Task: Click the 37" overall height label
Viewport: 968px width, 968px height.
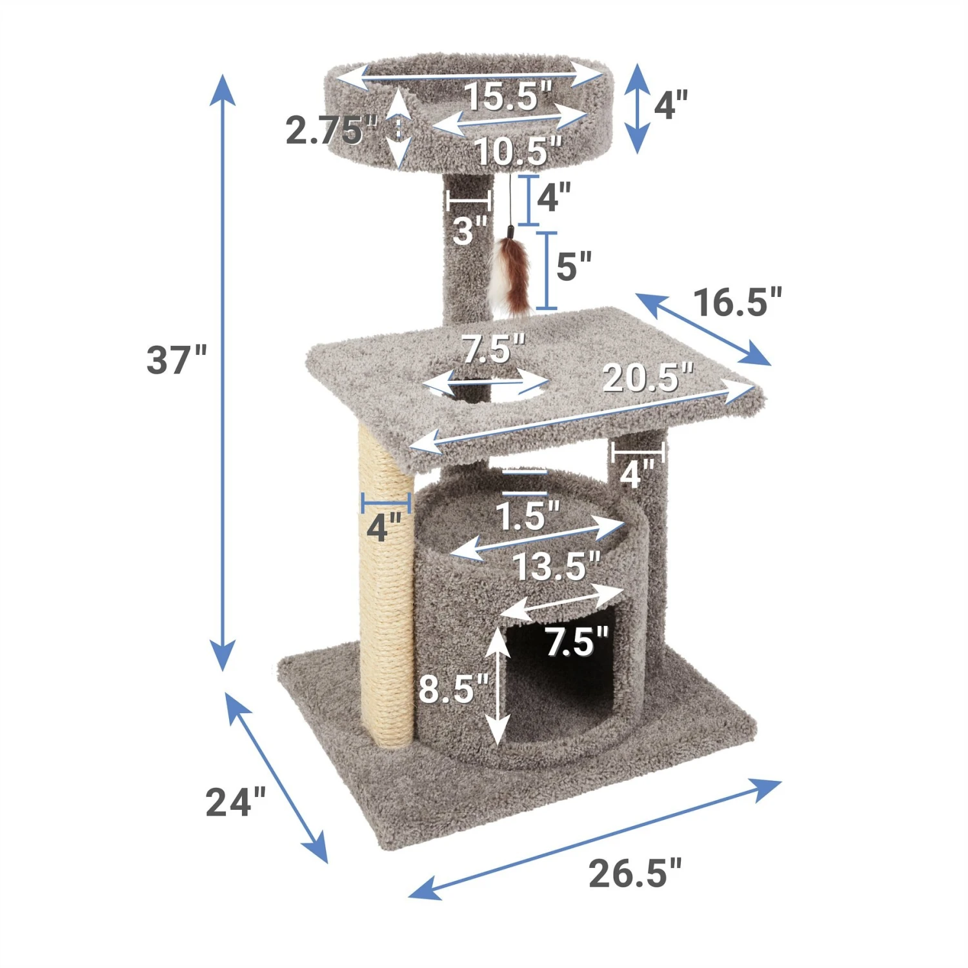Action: pos(176,360)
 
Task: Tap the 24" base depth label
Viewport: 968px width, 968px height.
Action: pos(235,802)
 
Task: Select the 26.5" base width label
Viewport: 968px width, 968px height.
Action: pos(634,873)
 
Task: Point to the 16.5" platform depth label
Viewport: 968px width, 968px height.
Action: pos(737,302)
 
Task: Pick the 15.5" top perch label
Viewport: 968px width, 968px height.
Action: pos(509,96)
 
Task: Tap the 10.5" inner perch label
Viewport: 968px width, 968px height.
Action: pos(518,152)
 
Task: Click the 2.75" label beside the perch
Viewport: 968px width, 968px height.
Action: pos(330,131)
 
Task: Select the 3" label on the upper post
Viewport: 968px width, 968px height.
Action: pos(469,230)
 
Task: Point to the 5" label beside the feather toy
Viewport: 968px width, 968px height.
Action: pos(573,265)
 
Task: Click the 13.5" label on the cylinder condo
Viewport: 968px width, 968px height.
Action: pos(556,567)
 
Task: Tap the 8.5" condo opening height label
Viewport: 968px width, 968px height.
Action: pos(454,688)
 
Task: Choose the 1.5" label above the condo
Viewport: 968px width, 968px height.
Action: pos(527,516)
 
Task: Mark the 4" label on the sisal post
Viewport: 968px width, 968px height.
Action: pos(384,527)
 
